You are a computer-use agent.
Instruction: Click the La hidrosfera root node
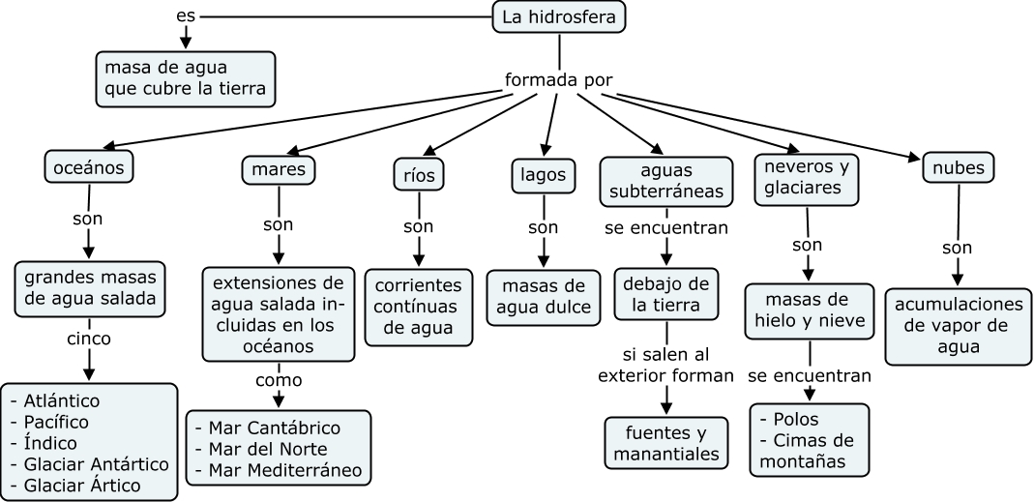coord(559,16)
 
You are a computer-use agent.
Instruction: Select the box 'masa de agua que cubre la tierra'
coord(186,79)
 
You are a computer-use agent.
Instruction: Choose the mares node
coord(279,170)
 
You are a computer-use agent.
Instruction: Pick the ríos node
coord(419,175)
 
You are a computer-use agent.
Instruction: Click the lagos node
coord(543,175)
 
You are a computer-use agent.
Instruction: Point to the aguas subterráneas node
coord(666,180)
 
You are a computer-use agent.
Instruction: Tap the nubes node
coord(959,168)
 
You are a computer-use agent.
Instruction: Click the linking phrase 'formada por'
coord(559,79)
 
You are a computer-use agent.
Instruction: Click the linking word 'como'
coord(279,380)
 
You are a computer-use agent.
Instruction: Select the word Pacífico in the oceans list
coord(56,423)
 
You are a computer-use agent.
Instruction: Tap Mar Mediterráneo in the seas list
coord(279,470)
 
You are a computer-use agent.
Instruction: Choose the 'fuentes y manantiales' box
coord(666,442)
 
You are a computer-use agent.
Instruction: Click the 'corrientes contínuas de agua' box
coord(419,307)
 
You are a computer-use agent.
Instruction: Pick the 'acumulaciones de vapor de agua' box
coord(959,324)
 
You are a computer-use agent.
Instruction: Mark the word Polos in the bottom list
coord(796,419)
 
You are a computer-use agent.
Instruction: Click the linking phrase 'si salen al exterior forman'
coord(666,365)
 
